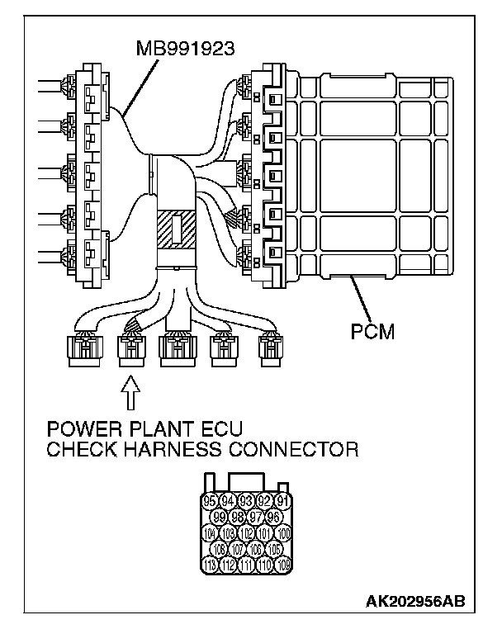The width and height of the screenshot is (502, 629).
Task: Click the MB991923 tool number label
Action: [x=185, y=49]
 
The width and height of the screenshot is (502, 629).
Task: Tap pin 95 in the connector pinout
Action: [x=209, y=500]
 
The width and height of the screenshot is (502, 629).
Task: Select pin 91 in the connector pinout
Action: [x=282, y=500]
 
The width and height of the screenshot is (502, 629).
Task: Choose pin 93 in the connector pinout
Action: [x=245, y=500]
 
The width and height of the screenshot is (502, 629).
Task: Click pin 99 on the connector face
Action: [x=218, y=517]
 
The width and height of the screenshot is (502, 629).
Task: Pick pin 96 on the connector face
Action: [x=272, y=517]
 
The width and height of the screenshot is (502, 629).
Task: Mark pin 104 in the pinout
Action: [x=209, y=532]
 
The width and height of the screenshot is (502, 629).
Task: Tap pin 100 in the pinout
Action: [x=282, y=532]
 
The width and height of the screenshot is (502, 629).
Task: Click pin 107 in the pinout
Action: [x=236, y=549]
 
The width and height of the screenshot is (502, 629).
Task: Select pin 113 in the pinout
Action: [x=209, y=565]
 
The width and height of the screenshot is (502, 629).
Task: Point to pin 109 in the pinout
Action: [x=282, y=565]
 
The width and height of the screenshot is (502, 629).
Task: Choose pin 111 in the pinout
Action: [x=245, y=565]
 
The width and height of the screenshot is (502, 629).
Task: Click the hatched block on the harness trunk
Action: [x=175, y=230]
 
